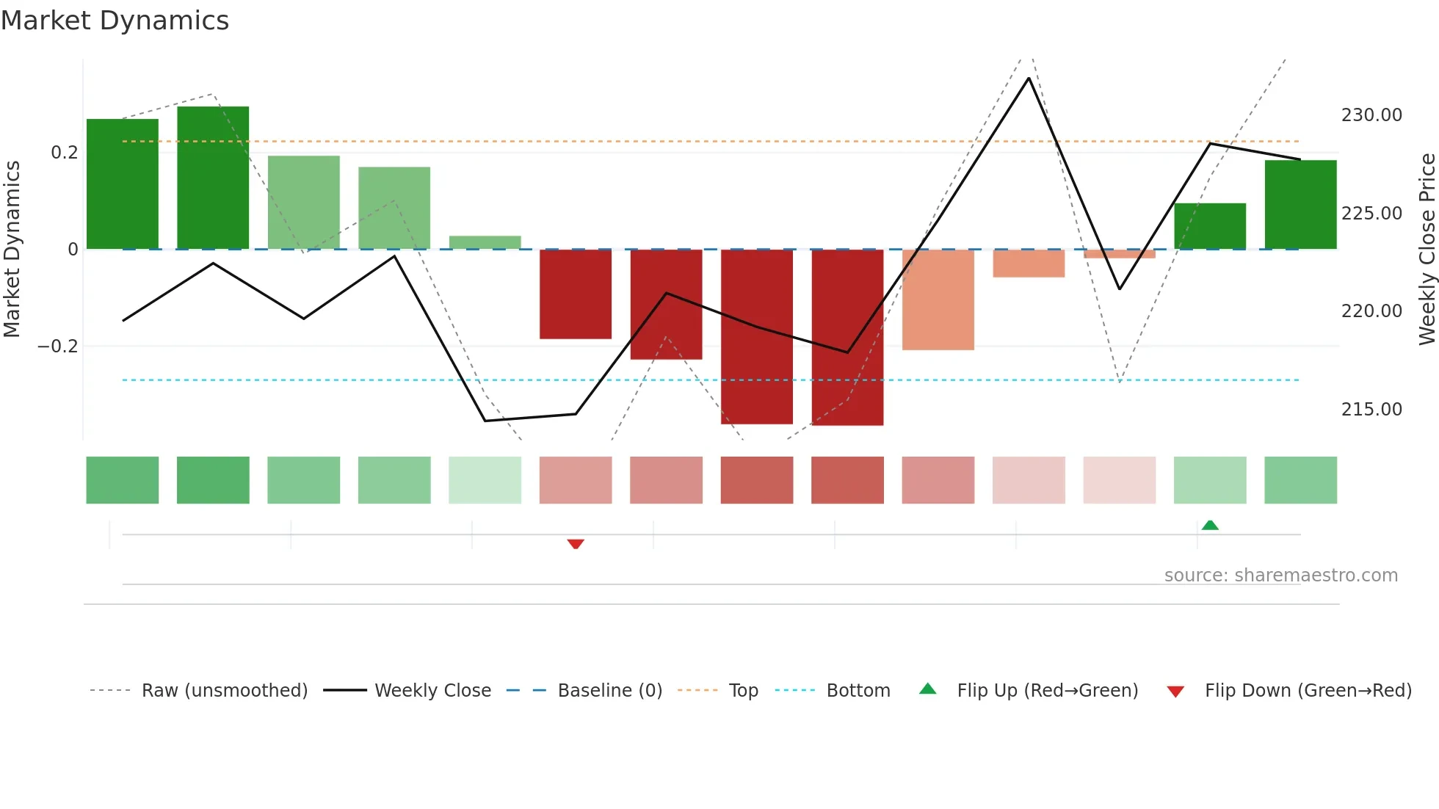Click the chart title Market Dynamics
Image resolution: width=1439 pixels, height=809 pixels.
tap(115, 21)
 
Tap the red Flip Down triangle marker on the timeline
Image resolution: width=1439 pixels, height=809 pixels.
tap(576, 544)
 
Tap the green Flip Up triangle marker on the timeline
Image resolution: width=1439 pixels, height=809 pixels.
tap(1210, 525)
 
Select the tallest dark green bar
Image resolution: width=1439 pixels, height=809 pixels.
tap(213, 178)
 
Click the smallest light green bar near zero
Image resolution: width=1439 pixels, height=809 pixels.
tap(485, 242)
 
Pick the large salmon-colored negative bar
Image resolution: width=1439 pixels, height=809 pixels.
tap(938, 300)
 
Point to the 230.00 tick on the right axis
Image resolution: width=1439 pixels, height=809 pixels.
tap(1371, 115)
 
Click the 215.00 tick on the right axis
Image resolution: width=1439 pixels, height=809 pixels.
tap(1371, 410)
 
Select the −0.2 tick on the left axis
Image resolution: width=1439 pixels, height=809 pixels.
tap(58, 346)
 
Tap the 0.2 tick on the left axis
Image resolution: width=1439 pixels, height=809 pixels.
tap(65, 153)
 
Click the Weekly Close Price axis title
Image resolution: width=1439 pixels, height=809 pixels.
tap(1427, 249)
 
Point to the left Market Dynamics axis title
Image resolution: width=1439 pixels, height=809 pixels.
tap(12, 249)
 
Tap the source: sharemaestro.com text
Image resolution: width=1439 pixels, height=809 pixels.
tap(1281, 576)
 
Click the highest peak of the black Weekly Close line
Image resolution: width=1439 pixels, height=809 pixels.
tap(1029, 79)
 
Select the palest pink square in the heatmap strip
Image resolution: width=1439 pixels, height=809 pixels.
tap(1120, 480)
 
